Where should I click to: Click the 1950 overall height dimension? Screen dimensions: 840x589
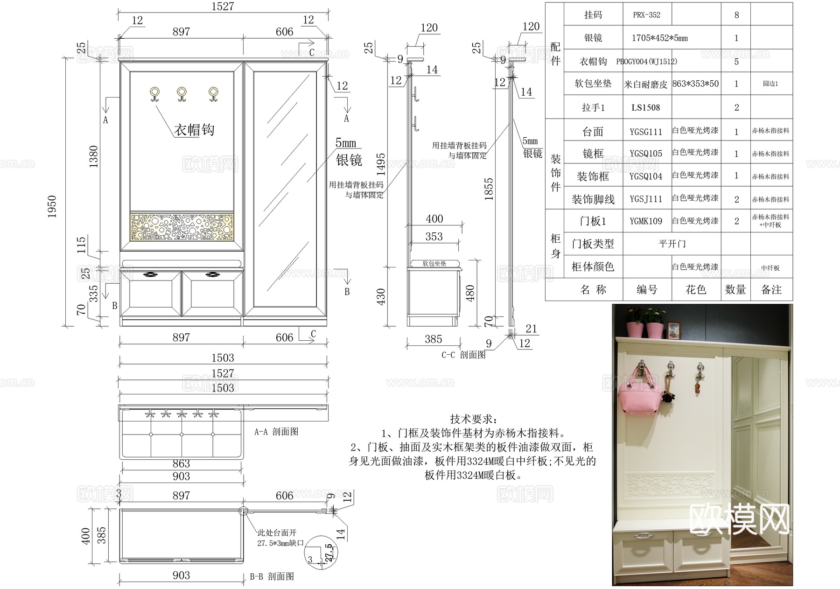52,206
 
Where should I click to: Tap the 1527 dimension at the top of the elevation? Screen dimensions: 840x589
223,7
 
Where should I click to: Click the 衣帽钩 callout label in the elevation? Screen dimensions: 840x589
194,130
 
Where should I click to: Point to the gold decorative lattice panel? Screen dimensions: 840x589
182,227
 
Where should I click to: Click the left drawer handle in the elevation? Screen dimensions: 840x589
150,274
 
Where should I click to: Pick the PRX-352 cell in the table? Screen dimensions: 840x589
646,15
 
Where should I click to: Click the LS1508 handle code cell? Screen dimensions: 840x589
646,108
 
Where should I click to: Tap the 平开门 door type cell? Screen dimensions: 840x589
672,244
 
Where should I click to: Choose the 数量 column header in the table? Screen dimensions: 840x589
735,290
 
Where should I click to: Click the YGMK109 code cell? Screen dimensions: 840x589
646,221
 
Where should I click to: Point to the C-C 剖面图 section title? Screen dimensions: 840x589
463,355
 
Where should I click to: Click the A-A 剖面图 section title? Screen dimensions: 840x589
276,432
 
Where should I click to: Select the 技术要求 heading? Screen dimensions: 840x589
473,419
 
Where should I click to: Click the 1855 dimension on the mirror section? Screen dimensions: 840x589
489,189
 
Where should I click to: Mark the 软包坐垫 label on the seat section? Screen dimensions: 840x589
434,264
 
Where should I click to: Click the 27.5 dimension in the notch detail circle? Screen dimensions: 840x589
329,553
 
